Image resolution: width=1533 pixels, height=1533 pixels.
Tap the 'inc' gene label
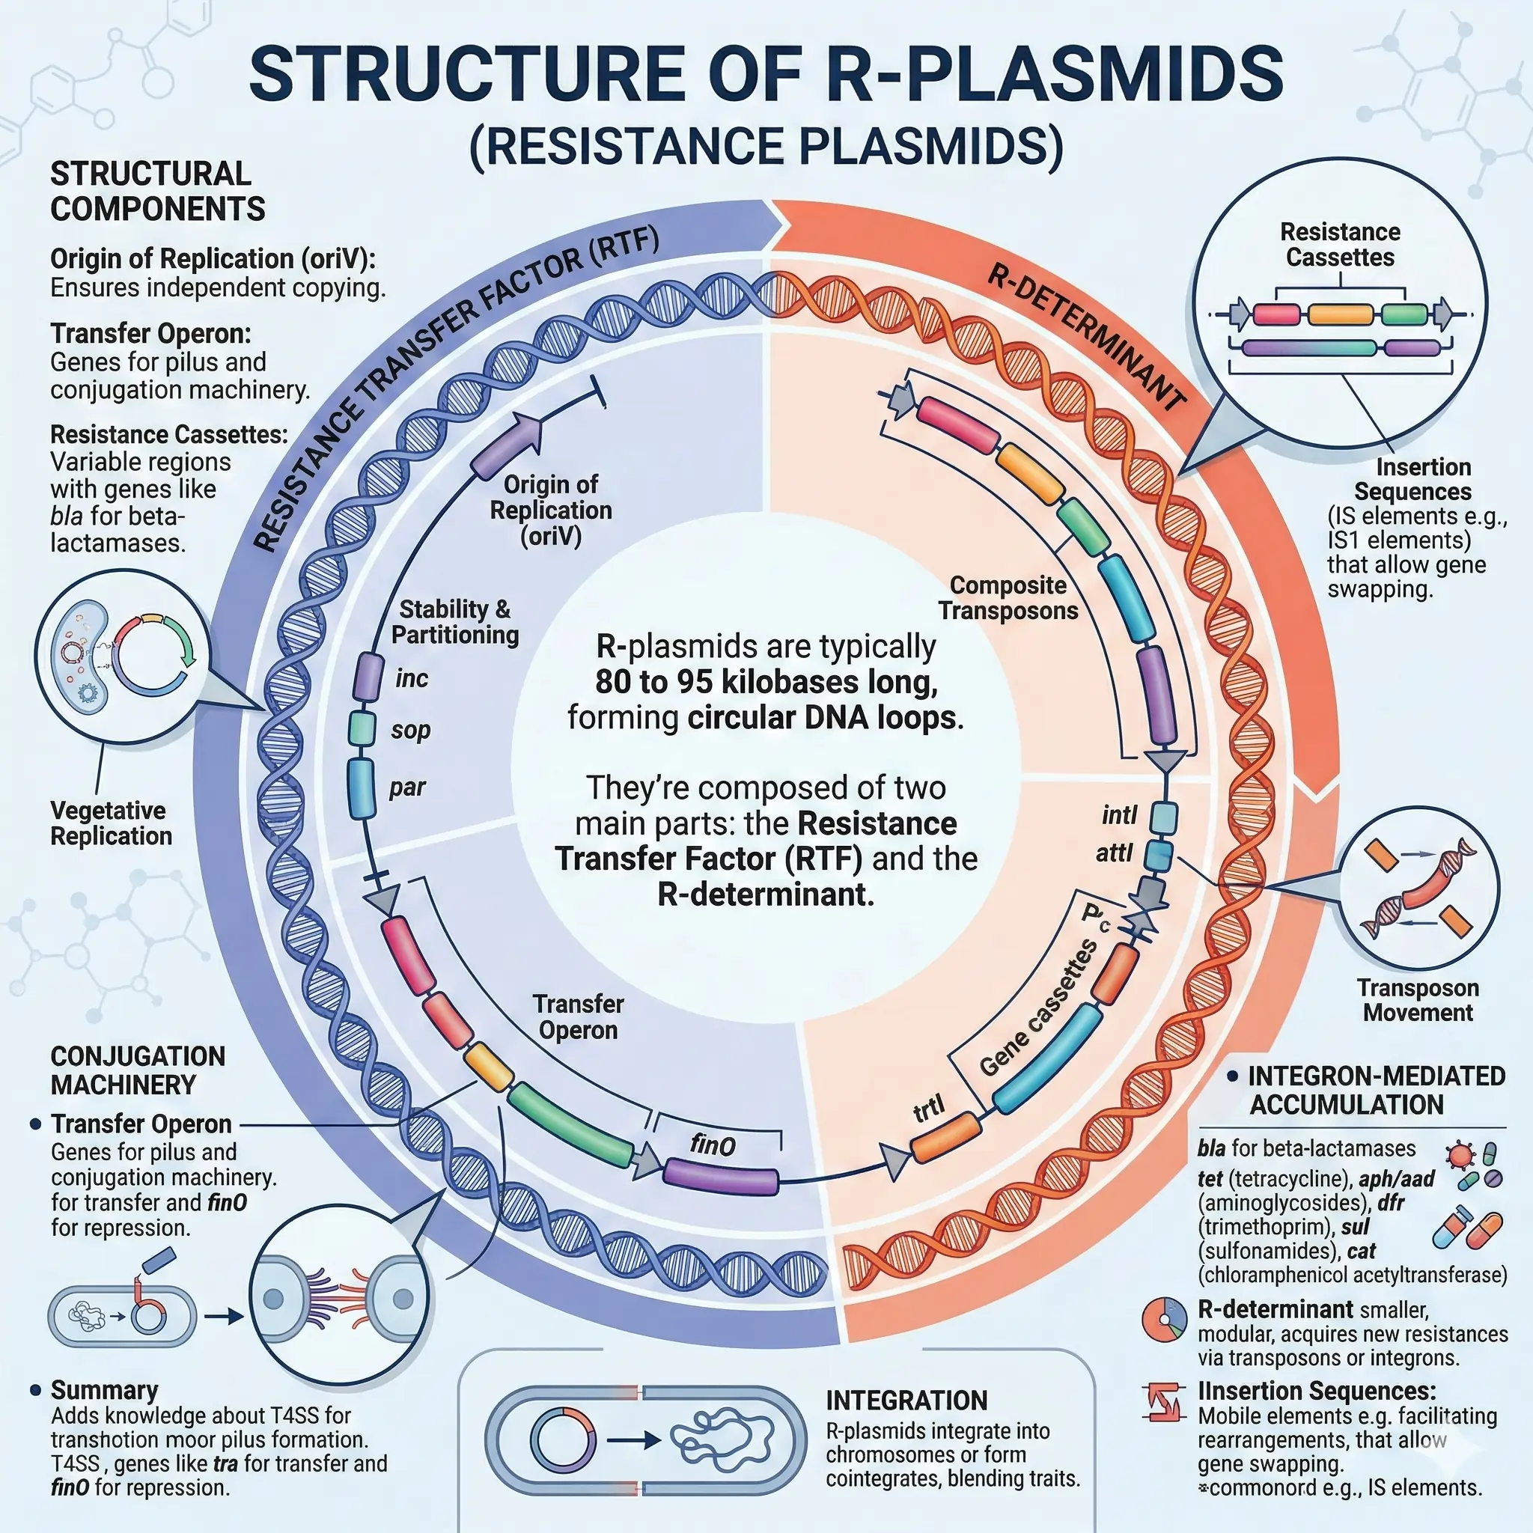pos(411,678)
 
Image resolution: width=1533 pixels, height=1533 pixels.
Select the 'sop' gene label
pos(410,730)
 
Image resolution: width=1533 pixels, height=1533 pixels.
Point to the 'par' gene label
pos(407,787)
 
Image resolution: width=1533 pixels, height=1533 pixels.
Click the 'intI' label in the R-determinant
pos(1120,815)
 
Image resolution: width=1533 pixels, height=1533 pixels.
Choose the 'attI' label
pos(1115,854)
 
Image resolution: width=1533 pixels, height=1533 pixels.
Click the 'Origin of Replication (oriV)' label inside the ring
pos(551,511)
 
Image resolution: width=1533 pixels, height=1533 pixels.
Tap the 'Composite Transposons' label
pos(1008,598)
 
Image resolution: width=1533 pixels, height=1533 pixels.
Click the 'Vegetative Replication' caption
pos(111,823)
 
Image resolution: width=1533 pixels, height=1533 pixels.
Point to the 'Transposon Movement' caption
pos(1418,1000)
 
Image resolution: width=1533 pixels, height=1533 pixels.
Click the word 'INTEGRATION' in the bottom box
pos(906,1401)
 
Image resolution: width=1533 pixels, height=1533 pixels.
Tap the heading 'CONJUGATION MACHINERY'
pos(137,1070)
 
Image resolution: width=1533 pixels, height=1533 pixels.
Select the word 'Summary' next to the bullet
pos(104,1390)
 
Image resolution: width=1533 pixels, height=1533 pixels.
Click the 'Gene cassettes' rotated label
pos(1038,1008)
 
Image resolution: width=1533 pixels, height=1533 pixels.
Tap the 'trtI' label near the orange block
pos(929,1109)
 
